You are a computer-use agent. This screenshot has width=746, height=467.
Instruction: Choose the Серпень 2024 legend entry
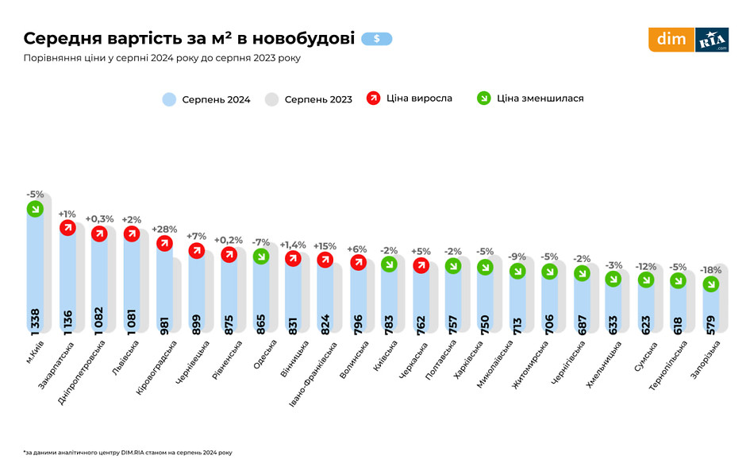[206, 99]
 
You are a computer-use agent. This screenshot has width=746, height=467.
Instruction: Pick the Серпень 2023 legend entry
[309, 99]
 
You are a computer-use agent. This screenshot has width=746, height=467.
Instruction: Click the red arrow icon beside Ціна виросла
[373, 98]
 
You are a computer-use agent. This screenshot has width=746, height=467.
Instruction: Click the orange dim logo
[671, 40]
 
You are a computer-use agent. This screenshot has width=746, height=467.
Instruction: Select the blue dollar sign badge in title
[376, 38]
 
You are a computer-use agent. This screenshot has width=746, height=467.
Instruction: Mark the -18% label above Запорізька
[711, 270]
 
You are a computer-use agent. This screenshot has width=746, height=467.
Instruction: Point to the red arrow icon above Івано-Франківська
[325, 259]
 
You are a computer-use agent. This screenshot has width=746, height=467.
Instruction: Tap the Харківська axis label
[468, 361]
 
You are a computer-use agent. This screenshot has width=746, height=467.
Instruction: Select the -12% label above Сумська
[646, 266]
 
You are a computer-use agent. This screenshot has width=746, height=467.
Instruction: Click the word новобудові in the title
[308, 38]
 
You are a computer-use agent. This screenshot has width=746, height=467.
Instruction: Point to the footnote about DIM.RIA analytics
[128, 451]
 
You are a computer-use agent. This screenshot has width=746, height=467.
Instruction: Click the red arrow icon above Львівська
[132, 233]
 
